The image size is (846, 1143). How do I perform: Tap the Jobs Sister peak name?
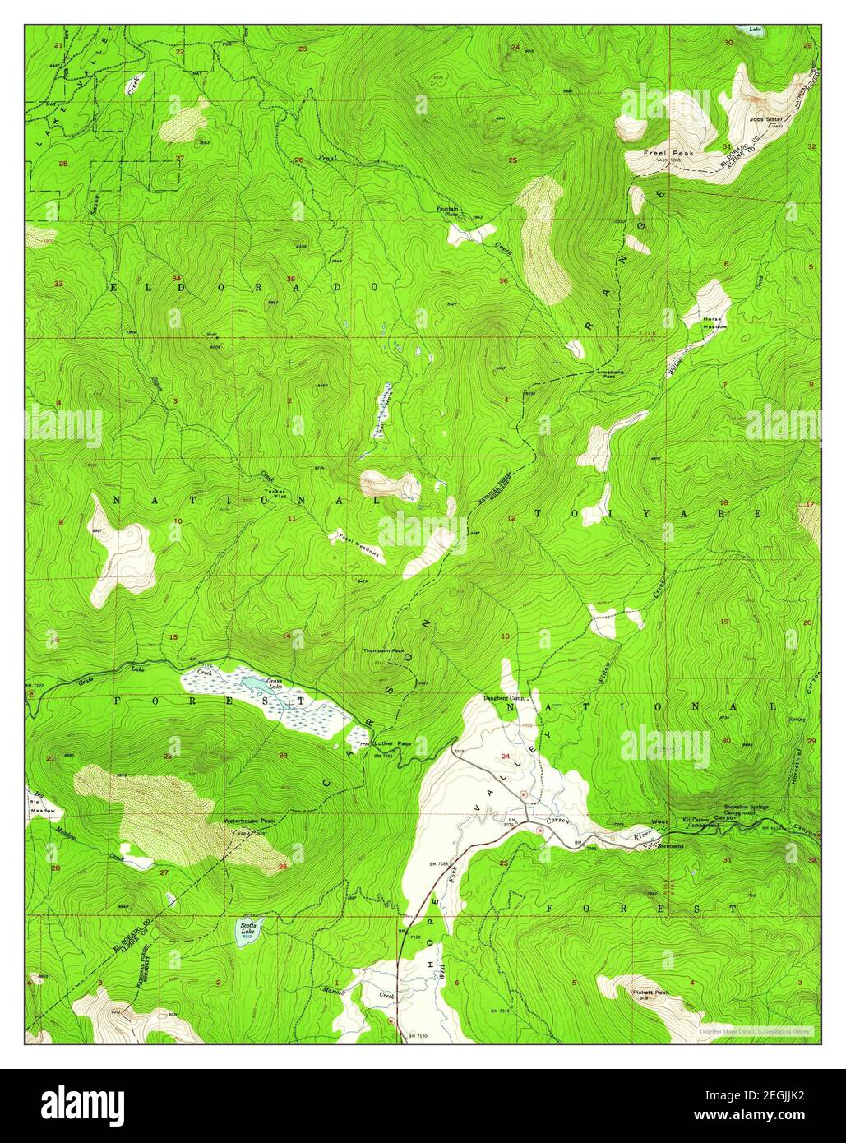tap(765, 118)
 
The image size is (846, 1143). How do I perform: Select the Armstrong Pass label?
tap(609, 374)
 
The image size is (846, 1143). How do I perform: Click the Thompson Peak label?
tap(384, 650)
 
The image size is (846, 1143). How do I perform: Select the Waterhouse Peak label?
tap(248, 821)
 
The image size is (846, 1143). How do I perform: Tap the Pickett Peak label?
tap(651, 993)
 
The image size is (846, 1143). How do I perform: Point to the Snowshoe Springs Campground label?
tap(746, 811)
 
